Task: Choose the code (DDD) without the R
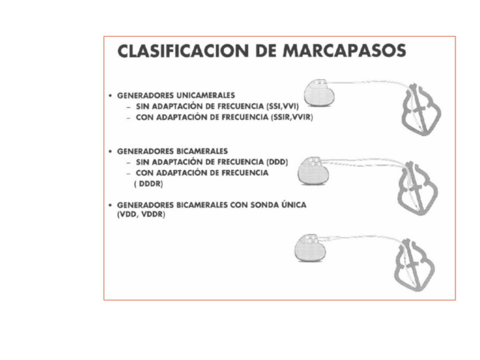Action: (277, 162)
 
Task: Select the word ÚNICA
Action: (293, 205)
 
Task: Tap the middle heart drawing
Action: (417, 188)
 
